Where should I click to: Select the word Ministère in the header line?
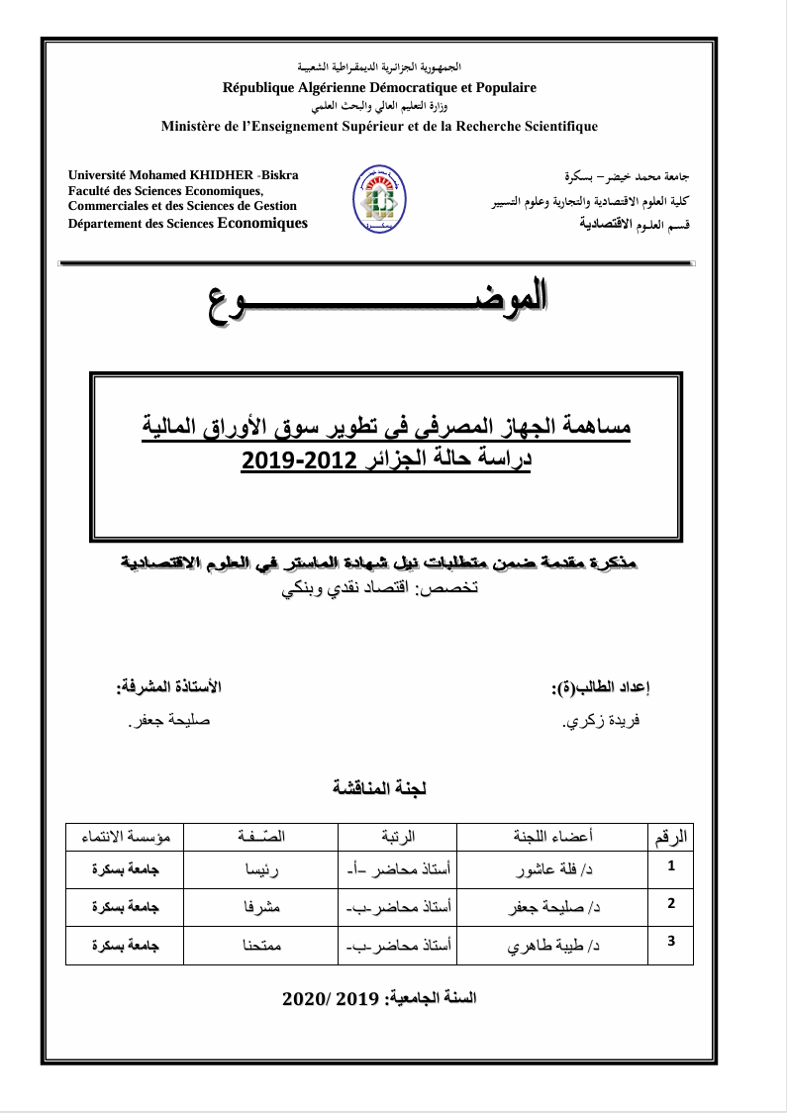pyautogui.click(x=192, y=126)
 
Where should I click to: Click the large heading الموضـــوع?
pyautogui.click(x=378, y=297)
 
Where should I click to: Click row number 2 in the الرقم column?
pyautogui.click(x=672, y=903)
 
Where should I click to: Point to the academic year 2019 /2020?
pyautogui.click(x=380, y=998)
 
